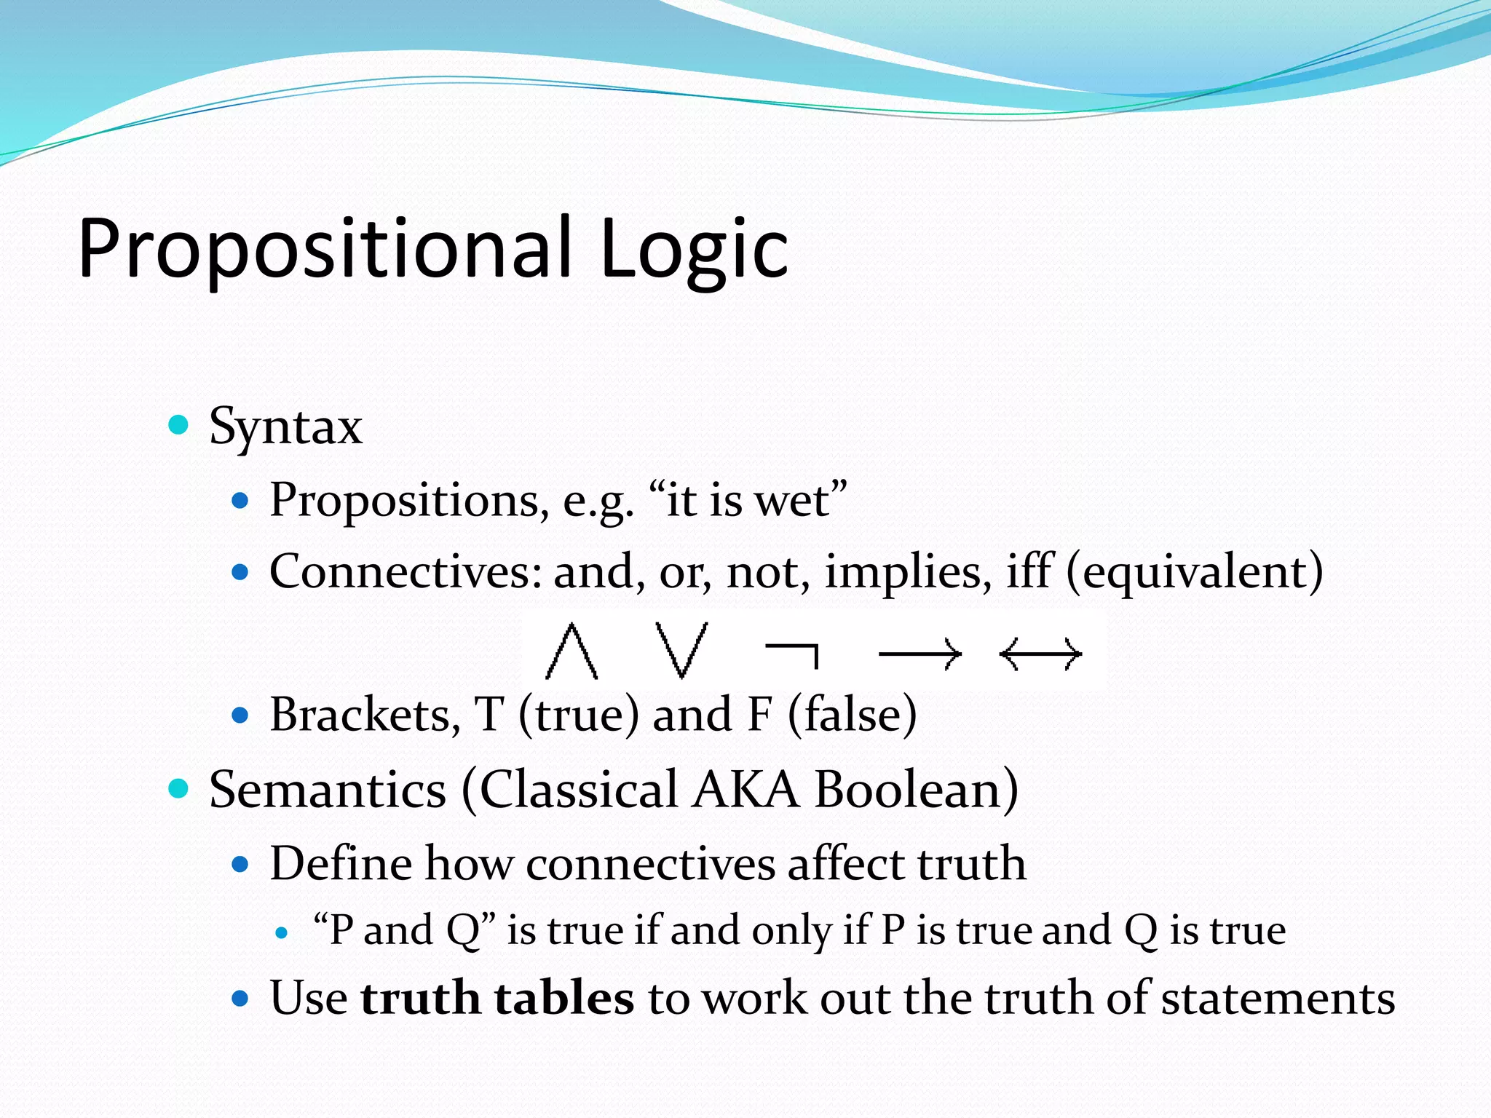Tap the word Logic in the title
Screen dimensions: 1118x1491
(x=693, y=249)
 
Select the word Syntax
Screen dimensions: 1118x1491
(x=285, y=427)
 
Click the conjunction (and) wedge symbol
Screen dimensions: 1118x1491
(x=572, y=651)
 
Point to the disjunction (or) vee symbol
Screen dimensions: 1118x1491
(x=681, y=649)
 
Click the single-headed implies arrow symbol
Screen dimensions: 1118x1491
(x=920, y=654)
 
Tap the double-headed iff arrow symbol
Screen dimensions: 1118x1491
(x=1041, y=654)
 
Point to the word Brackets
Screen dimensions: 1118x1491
(x=365, y=715)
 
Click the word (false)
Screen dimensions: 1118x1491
(x=852, y=715)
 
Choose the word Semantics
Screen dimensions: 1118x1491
(x=328, y=790)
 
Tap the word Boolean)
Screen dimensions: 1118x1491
(x=916, y=790)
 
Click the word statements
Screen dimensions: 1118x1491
(x=1278, y=998)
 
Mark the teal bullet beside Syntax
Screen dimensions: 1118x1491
(x=178, y=424)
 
